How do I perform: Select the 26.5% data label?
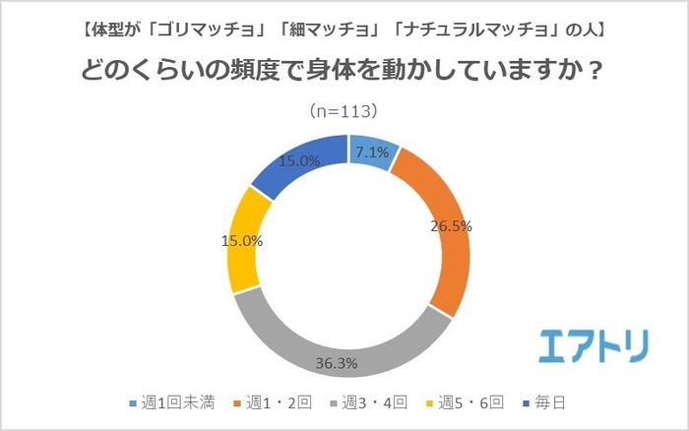(451, 225)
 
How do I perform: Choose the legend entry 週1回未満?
(166, 402)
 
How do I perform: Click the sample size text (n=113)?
(344, 109)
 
